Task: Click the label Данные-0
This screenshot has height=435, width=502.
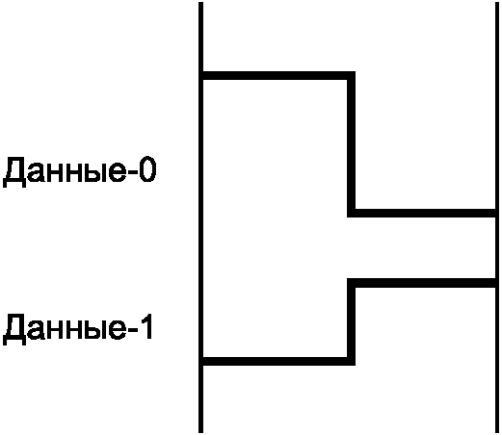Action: [80, 170]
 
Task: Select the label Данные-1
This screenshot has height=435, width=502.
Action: [78, 328]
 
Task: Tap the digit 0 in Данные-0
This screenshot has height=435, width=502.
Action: [147, 169]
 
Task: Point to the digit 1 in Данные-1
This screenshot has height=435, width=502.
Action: [146, 327]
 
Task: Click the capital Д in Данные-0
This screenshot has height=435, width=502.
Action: [14, 172]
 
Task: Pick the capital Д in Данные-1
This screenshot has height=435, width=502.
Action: [14, 330]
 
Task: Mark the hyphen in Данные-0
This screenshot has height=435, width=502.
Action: [132, 172]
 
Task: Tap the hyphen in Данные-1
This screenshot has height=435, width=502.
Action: [132, 330]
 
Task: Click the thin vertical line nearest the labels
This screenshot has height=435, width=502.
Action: [200, 217]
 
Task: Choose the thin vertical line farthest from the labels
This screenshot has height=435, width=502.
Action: [497, 217]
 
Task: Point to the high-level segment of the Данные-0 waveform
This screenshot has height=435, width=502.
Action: [278, 76]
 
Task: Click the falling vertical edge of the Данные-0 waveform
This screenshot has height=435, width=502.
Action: [351, 144]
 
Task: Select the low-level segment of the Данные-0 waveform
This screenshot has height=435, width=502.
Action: [422, 213]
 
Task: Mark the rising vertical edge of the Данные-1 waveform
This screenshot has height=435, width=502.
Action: [351, 321]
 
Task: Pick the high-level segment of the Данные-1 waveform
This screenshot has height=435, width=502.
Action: [422, 283]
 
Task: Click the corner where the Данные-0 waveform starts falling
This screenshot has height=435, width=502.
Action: [351, 76]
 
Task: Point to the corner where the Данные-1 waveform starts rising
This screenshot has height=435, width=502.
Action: [351, 361]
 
